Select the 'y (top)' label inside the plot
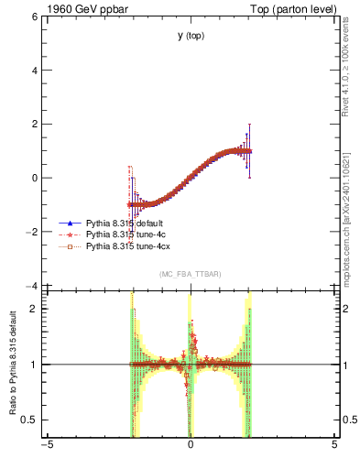[x=191, y=36]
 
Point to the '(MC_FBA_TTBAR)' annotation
[x=191, y=274]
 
